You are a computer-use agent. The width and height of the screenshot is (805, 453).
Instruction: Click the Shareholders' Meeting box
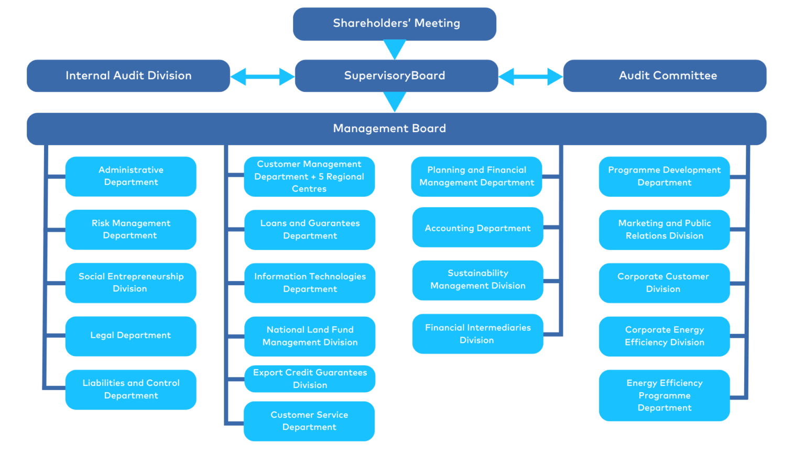tap(395, 24)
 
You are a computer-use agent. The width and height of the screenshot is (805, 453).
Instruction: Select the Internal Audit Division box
tap(128, 76)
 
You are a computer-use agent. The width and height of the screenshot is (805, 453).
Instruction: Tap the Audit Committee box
tap(665, 76)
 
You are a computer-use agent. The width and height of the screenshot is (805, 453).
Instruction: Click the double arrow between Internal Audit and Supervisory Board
tap(263, 77)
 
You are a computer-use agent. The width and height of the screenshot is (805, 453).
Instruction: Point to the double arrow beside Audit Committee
tap(530, 77)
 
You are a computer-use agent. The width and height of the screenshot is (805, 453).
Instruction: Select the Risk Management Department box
tap(131, 229)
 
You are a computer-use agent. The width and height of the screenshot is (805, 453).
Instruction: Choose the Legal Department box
tap(131, 336)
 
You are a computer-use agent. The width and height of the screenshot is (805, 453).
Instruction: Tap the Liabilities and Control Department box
tap(131, 390)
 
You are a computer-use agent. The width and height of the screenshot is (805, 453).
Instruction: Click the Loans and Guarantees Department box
tap(310, 230)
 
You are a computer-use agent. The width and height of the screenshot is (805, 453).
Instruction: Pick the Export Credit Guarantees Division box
tap(310, 379)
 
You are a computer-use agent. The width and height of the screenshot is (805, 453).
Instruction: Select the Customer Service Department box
tap(309, 421)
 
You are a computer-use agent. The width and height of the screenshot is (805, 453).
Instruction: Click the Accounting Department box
tap(477, 227)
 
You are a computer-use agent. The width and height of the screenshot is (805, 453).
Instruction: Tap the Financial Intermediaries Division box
tap(477, 333)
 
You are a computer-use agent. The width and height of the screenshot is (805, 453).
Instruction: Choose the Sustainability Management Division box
tap(477, 281)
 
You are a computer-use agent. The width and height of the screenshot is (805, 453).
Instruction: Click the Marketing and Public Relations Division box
tap(664, 230)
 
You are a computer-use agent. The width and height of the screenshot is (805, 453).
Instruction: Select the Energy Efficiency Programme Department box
tap(664, 395)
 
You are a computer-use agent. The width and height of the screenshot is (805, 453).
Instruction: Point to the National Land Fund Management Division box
tap(310, 336)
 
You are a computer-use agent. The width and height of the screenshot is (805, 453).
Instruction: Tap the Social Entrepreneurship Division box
tap(131, 283)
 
